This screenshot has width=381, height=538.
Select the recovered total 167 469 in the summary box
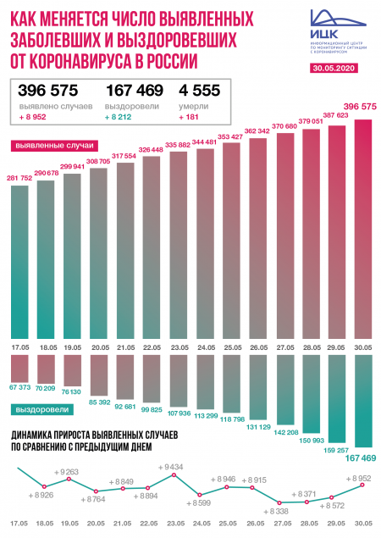tap(133, 91)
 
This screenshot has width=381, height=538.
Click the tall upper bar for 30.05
tap(364, 229)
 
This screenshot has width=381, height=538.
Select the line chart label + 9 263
tap(65, 471)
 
